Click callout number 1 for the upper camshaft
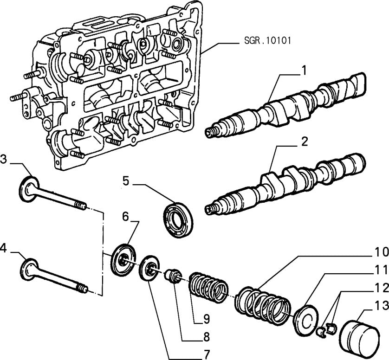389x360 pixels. pos(304,71)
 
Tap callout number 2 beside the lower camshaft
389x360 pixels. pos(304,141)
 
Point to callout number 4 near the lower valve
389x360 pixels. pos(4,249)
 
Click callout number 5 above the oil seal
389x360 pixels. pos(125,180)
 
